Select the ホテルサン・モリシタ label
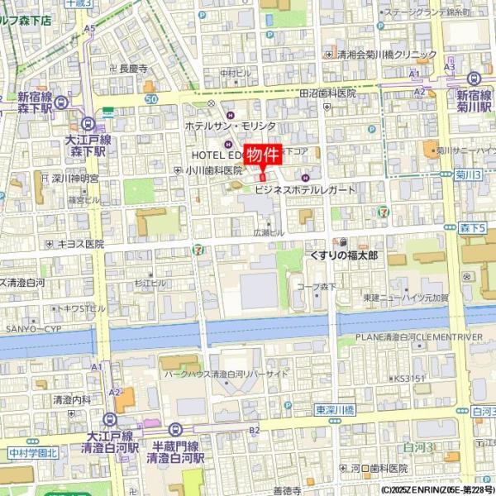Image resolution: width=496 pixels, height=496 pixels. coord(230,126)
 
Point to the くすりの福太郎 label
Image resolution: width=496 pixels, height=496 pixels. coord(343,256)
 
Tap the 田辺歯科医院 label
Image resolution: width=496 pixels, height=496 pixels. coord(327,94)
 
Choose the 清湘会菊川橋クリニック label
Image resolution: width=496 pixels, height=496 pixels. coord(386,55)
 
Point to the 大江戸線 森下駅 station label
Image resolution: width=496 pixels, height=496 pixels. coord(86,145)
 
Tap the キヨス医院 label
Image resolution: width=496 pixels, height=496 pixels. coord(80,244)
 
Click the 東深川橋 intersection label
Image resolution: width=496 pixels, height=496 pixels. coord(334,410)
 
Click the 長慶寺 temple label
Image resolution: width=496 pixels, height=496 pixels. coord(132,69)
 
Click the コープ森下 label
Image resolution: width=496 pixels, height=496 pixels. coord(317,287)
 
